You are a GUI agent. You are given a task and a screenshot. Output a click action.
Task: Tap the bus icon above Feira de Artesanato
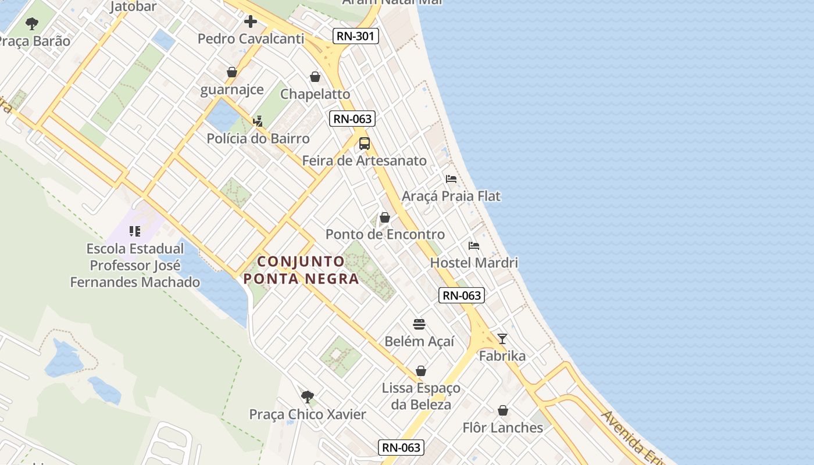coord(365,144)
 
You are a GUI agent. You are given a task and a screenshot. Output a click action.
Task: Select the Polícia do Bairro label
coord(258,139)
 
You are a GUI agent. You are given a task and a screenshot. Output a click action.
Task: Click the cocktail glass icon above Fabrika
coord(502,339)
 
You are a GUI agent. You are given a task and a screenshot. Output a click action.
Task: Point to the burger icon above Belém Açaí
coord(420,324)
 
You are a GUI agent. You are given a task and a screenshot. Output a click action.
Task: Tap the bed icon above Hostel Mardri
coord(474,246)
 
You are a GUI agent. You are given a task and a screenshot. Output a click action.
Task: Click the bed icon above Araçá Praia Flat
coord(451,179)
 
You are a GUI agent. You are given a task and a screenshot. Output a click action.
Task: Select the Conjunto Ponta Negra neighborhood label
coord(301,270)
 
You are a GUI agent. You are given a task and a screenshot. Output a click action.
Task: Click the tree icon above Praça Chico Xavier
coord(308,397)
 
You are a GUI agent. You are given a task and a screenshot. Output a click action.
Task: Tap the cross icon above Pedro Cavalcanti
coord(251,22)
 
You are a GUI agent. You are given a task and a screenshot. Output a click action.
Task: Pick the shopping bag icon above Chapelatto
coord(315,77)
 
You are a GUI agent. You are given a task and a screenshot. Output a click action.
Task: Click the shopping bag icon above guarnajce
coord(232,73)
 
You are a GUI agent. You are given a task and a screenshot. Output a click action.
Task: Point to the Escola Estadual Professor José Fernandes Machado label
coord(135,266)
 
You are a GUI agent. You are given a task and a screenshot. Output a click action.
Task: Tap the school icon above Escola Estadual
coord(135,231)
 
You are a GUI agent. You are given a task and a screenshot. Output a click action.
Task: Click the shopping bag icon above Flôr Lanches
coord(503,411)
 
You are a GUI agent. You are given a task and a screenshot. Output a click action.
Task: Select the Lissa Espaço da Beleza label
coord(421,396)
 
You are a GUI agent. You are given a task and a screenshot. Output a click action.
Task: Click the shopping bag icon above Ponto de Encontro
coord(385,218)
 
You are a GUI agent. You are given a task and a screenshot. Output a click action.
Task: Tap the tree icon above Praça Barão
coord(32,24)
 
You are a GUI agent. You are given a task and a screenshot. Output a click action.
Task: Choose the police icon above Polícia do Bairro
coord(258,121)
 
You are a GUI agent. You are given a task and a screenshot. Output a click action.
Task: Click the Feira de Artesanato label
coord(365,160)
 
